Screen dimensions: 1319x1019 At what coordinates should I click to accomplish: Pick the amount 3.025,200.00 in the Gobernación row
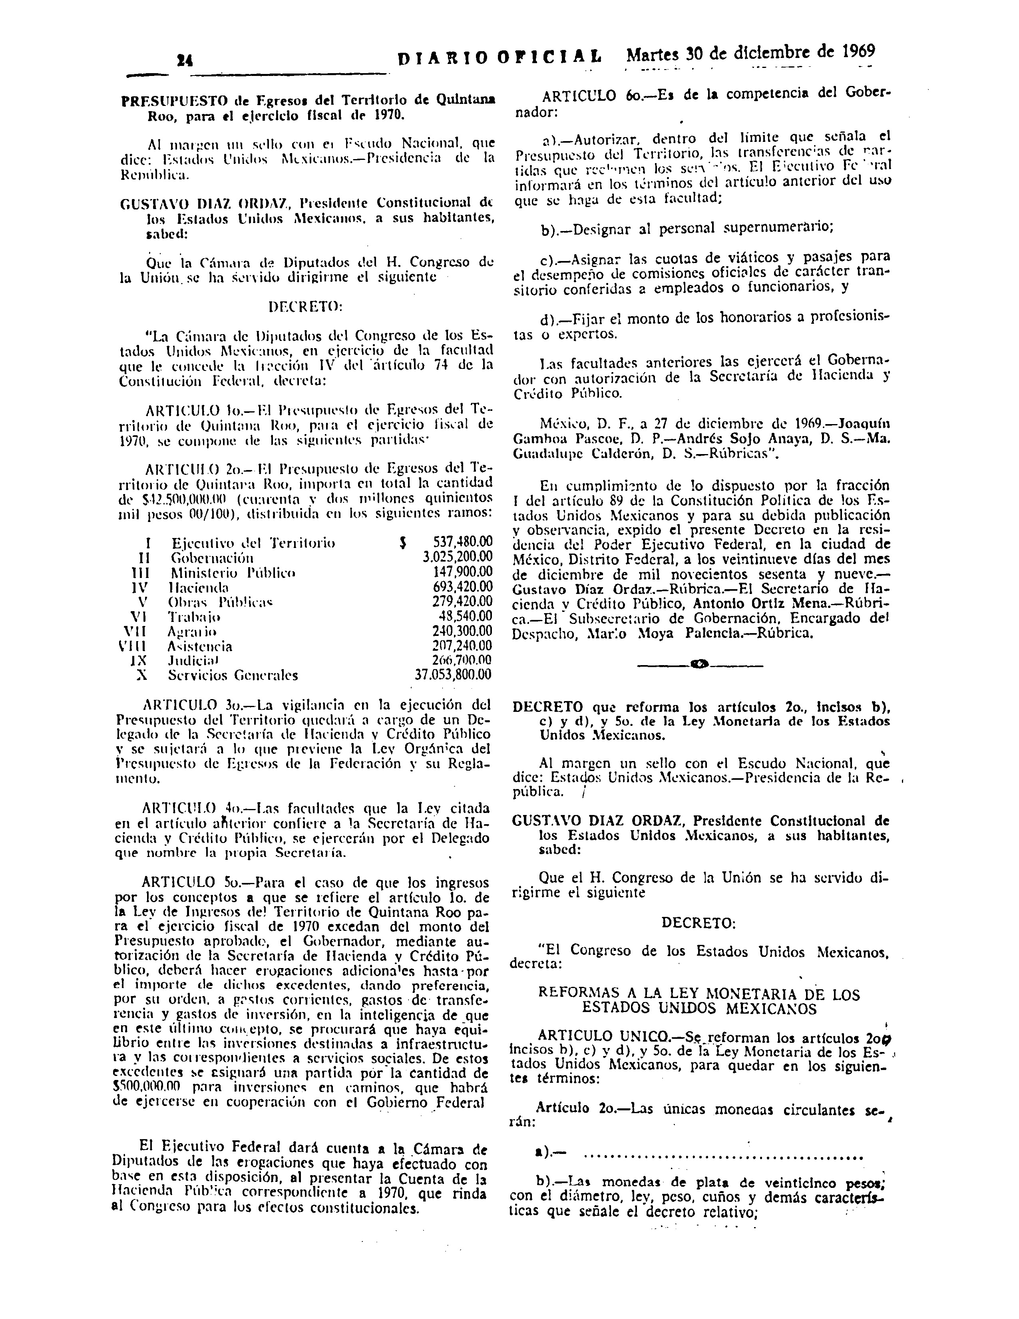click(458, 558)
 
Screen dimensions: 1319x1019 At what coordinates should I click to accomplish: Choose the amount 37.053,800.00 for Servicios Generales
click(453, 675)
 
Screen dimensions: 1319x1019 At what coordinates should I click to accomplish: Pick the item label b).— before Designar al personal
click(553, 229)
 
